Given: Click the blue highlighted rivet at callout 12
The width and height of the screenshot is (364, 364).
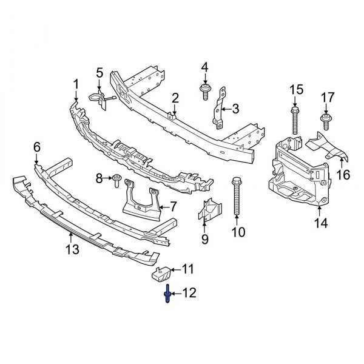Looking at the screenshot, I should pos(167,295).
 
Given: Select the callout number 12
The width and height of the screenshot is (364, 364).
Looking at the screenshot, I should pos(189,294).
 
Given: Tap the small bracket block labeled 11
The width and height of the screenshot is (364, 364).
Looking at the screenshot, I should pos(159,274).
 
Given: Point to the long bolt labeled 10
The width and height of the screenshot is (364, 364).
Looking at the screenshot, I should pos(237,197).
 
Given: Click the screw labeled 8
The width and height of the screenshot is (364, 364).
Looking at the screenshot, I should pos(115,178).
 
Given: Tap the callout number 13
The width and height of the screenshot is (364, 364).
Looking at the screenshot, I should pos(72,249).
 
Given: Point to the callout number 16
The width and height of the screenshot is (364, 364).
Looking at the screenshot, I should pos(344,175).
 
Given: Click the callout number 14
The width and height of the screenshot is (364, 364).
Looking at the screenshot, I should pos(320,224).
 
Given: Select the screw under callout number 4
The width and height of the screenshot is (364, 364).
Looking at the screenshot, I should pos(204,92).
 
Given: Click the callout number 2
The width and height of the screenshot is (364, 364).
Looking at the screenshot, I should pos(175,97).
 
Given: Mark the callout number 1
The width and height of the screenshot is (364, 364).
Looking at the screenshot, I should pos(76,83).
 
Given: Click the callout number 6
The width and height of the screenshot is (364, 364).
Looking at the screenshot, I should pos(36,147).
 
